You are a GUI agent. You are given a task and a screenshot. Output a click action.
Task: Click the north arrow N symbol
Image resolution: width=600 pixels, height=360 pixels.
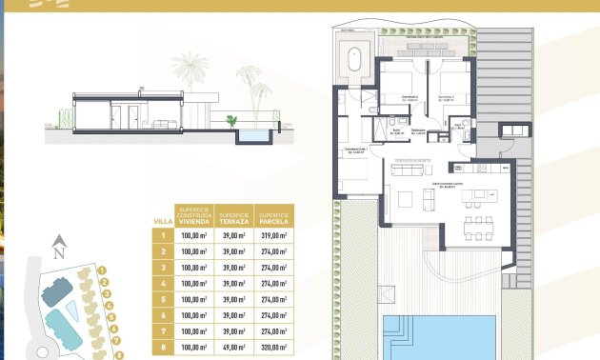point(58,251)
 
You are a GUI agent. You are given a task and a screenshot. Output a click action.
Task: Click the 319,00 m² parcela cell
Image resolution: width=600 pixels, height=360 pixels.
point(276,235)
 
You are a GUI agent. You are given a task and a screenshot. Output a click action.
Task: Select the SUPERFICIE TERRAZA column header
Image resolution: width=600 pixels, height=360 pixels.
point(234,215)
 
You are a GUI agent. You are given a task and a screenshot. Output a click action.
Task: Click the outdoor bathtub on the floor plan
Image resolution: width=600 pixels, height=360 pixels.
point(355,63)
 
